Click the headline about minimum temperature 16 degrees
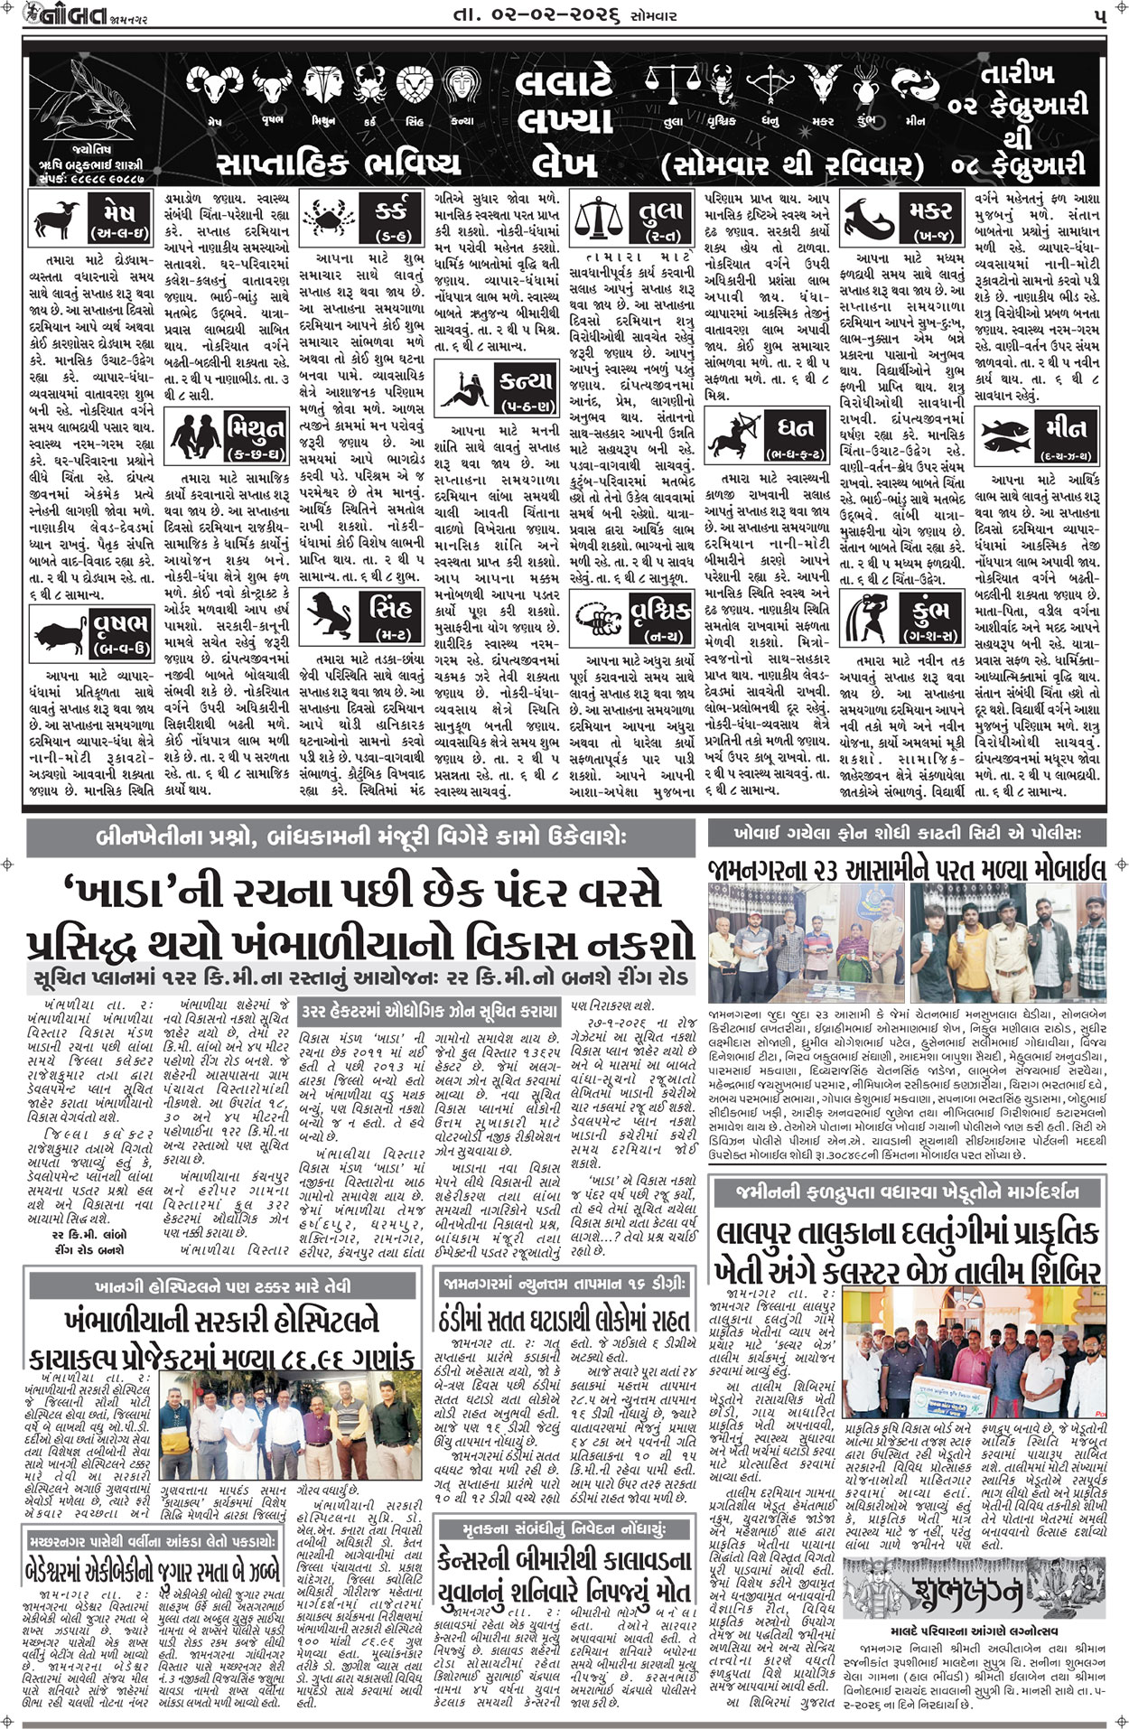click(567, 1318)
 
